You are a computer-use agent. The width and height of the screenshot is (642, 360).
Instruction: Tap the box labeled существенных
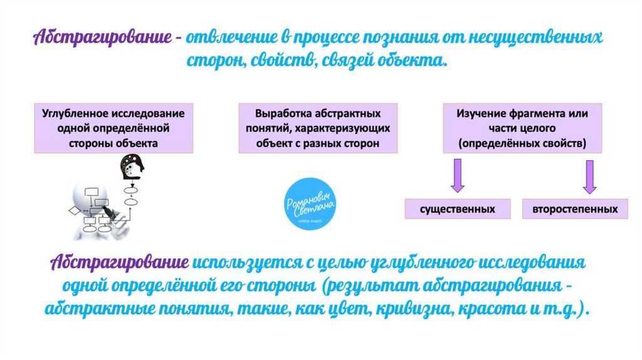click(458, 209)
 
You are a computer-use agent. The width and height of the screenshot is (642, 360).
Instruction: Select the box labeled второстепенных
click(576, 209)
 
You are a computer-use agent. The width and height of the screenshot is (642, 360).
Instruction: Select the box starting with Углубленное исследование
click(113, 128)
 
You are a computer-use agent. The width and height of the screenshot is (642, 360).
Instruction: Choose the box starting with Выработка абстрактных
click(318, 128)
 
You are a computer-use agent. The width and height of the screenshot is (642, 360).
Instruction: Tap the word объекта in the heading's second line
click(411, 61)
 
